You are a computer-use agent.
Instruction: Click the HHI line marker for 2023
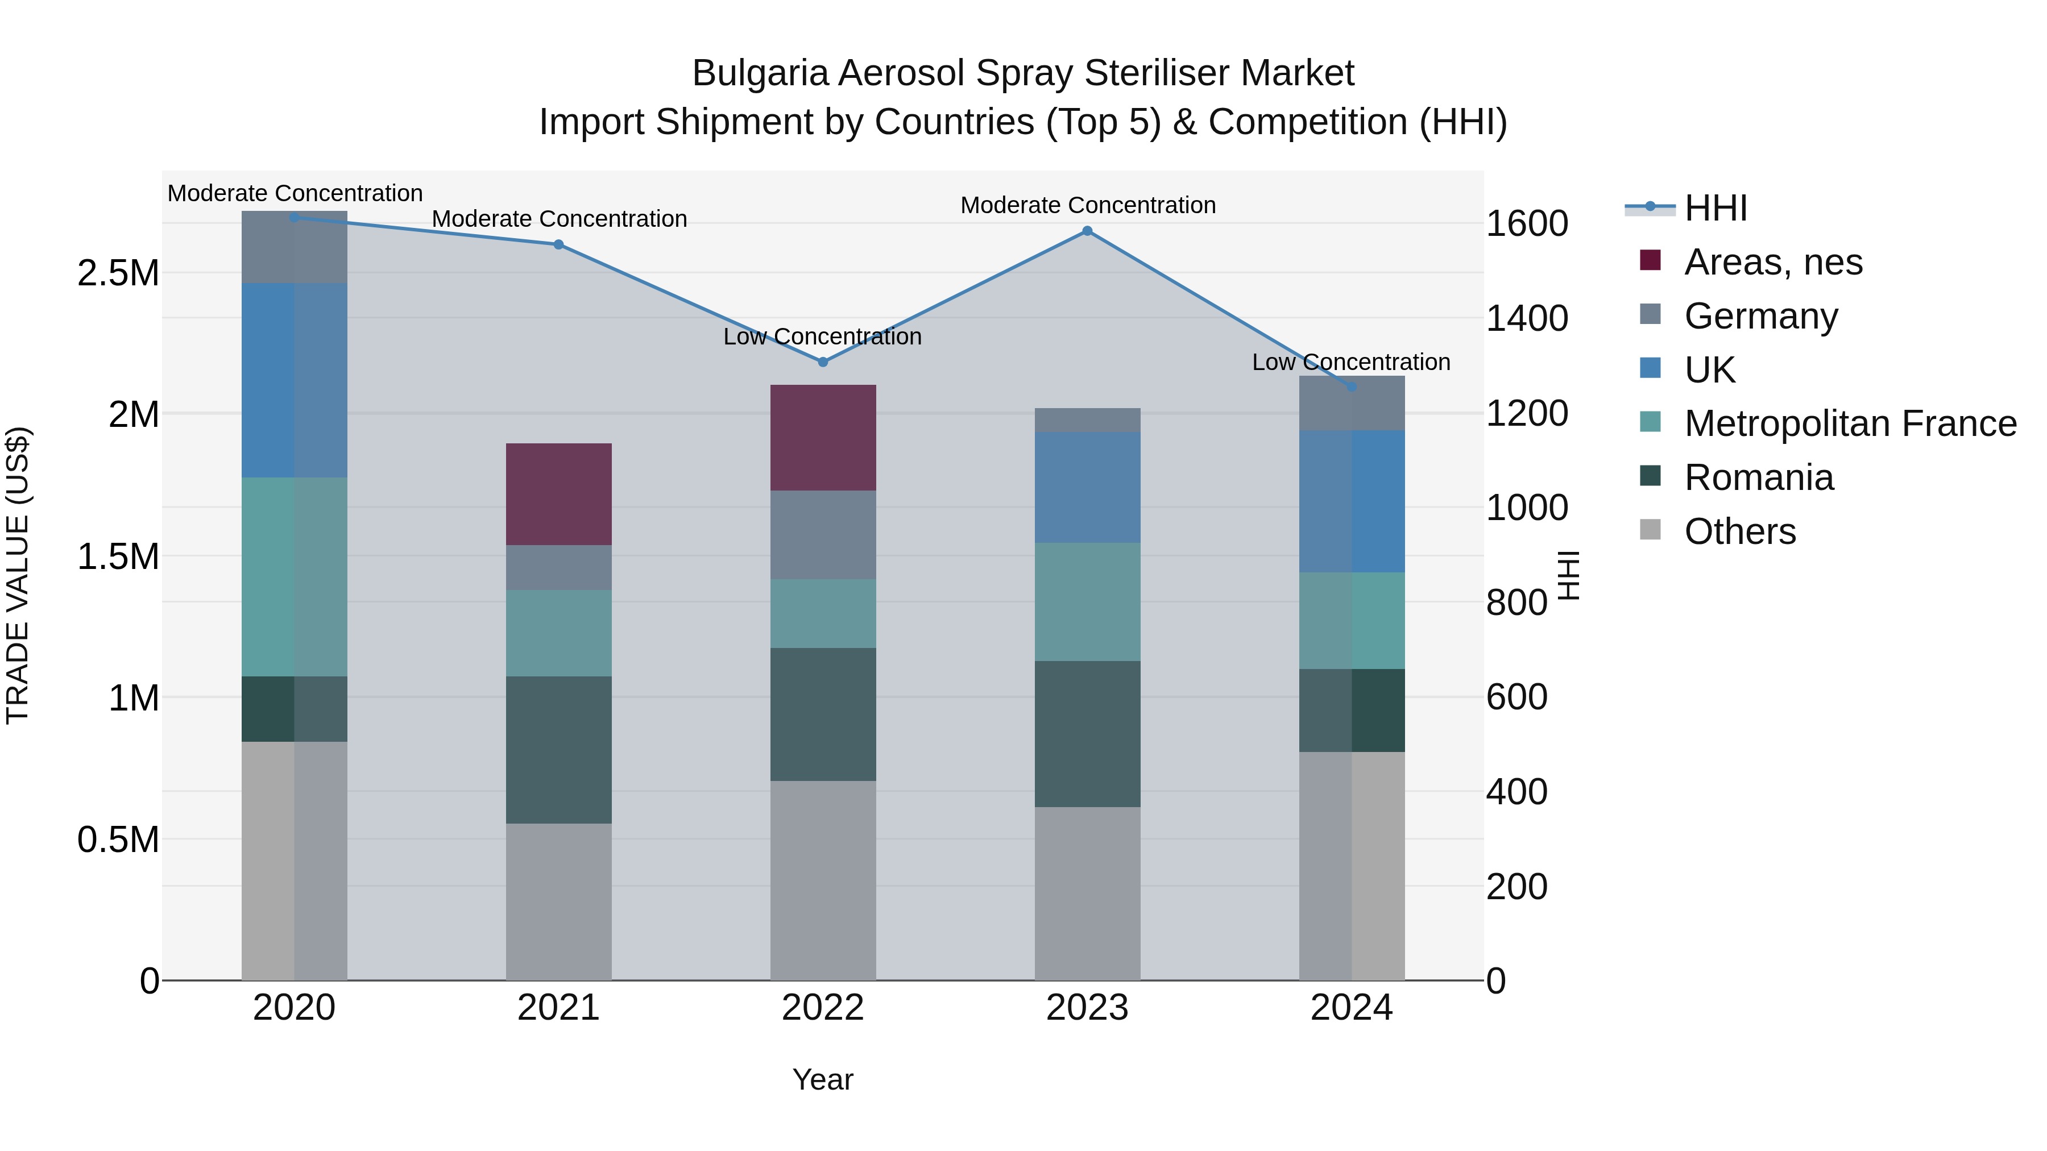[x=1087, y=231]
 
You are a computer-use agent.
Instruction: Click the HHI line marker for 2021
[x=558, y=244]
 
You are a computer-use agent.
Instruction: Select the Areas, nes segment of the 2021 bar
[x=558, y=494]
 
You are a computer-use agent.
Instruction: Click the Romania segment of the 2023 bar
[x=1087, y=734]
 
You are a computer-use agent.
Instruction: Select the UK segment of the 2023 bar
[x=1087, y=487]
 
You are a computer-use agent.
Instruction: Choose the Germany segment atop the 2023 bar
[x=1087, y=420]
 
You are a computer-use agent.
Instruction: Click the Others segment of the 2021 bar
[x=558, y=901]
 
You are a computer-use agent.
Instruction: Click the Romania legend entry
[x=1759, y=477]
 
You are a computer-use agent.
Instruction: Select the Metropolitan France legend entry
[x=1850, y=423]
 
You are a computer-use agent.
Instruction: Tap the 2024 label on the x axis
[x=1351, y=1008]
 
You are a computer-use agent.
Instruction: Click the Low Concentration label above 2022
[x=822, y=337]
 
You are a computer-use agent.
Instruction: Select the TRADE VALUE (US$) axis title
[x=18, y=575]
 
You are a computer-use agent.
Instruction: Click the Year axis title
[x=822, y=1079]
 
